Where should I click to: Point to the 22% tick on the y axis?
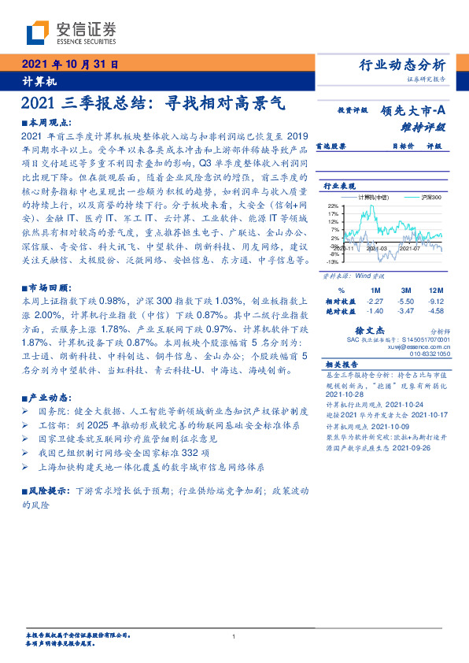[x=334, y=205]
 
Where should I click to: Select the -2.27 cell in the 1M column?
[x=375, y=301]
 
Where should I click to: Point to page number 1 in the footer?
[x=234, y=636]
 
